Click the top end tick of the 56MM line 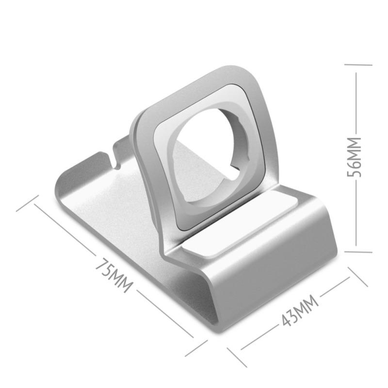pos(357,64)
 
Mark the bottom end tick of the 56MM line pos(357,252)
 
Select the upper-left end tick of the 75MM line pos(27,204)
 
